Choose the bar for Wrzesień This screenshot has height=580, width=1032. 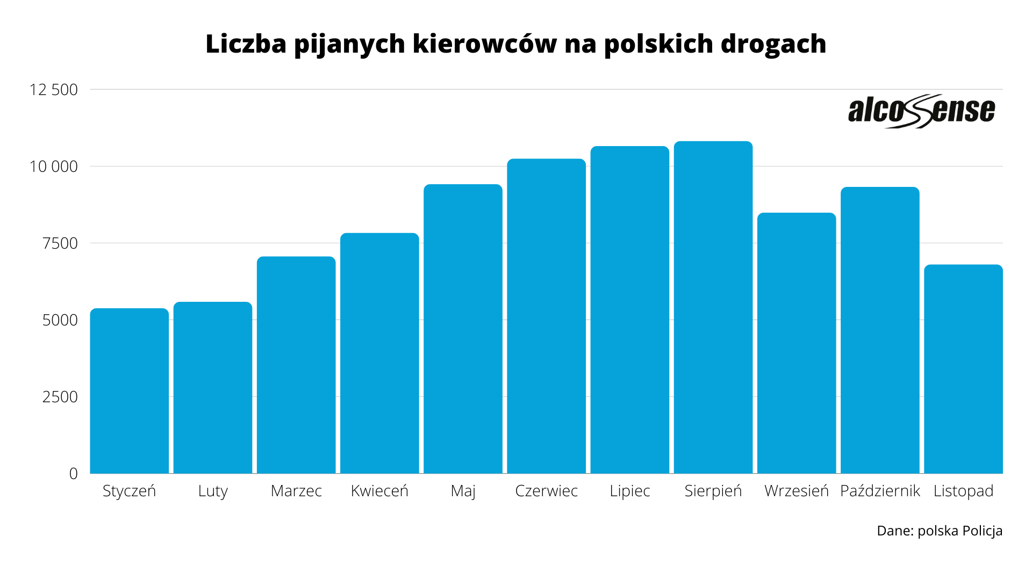coord(797,343)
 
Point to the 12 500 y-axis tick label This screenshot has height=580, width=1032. coord(54,90)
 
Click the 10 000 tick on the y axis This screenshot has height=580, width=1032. coord(54,166)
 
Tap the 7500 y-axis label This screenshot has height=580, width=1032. coord(60,243)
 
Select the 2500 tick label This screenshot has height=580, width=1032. coord(60,397)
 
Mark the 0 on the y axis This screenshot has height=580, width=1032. coord(74,474)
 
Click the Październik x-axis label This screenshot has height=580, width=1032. coord(880,491)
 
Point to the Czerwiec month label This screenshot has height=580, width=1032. coord(546,491)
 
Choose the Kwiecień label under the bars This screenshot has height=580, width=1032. coord(379,491)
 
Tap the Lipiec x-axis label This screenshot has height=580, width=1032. coord(630,491)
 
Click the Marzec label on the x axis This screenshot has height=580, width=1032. coord(296,491)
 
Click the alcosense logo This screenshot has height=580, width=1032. coord(921,111)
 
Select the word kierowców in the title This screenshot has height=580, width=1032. coord(485,44)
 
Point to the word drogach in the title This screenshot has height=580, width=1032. coord(773,44)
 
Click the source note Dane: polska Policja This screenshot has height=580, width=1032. coord(939,531)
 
